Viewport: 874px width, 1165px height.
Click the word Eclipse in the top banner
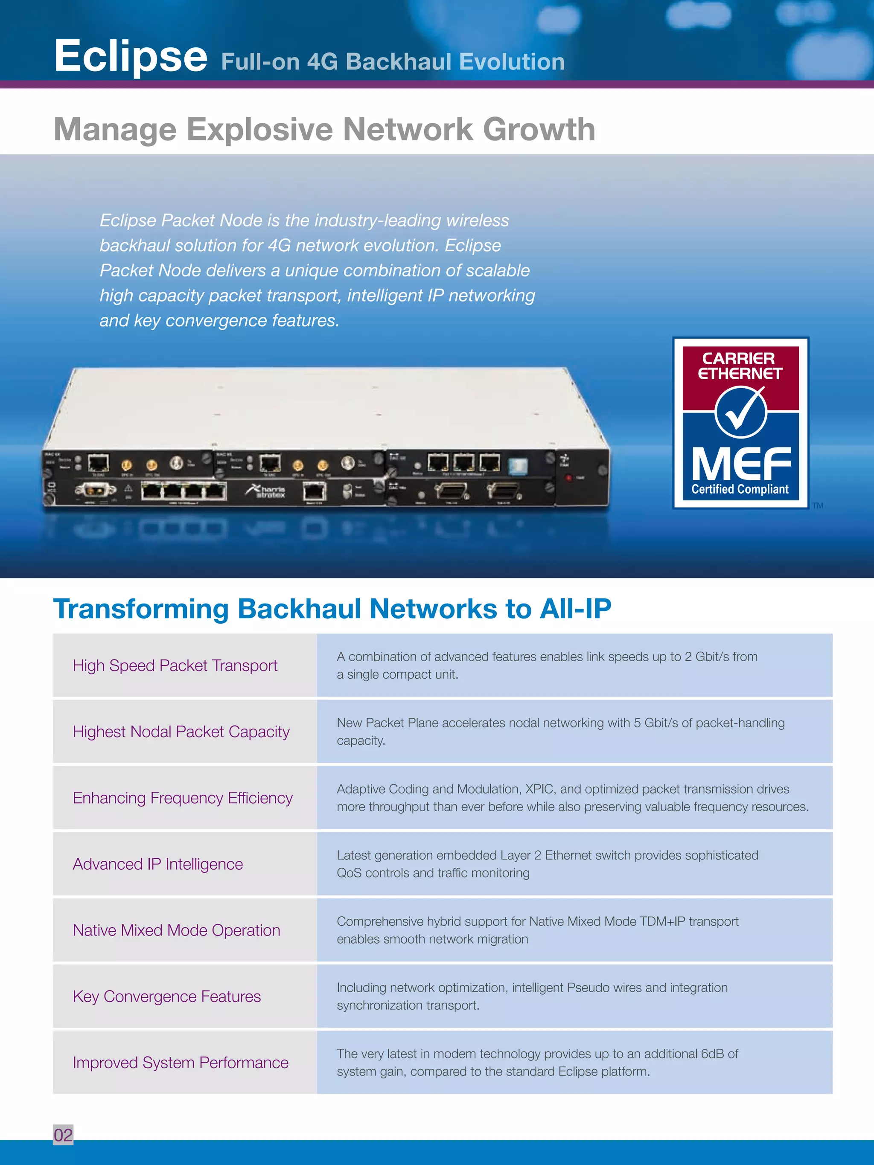[x=131, y=56]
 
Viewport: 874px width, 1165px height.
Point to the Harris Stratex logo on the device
[x=267, y=491]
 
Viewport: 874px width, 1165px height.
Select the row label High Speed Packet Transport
[x=175, y=666]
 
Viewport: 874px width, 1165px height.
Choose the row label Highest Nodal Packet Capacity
[x=181, y=732]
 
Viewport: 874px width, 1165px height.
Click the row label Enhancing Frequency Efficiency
[x=182, y=798]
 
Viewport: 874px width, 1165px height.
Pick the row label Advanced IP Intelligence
[x=157, y=864]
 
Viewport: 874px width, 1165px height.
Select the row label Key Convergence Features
[x=166, y=996]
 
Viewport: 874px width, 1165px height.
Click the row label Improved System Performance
[x=180, y=1063]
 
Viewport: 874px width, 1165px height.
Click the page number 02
[x=63, y=1135]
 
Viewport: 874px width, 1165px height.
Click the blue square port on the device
[x=517, y=465]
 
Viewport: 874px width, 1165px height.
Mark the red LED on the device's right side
[x=568, y=478]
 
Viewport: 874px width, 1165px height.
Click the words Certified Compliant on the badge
[x=740, y=489]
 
